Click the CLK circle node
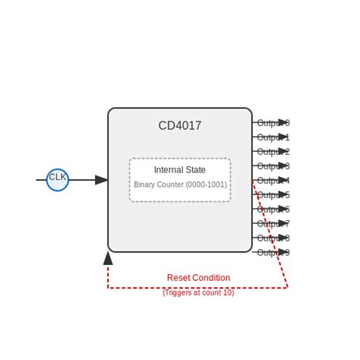[x=58, y=180]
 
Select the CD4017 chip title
[x=180, y=126]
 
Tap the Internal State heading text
[x=180, y=170]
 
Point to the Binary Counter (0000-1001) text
[x=180, y=185]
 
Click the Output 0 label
[x=273, y=123]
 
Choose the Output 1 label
[x=273, y=137]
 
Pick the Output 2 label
[x=273, y=152]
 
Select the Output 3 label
[x=273, y=166]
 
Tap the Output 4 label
[x=273, y=181]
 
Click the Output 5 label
[x=273, y=195]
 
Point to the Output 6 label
[x=273, y=210]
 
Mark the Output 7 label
[x=273, y=224]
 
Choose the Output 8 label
[x=273, y=238]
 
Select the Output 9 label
[x=273, y=253]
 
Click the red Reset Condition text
[x=198, y=278]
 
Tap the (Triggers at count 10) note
[x=198, y=292]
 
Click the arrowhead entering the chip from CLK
[x=102, y=180]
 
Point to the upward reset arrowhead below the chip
[x=108, y=258]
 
